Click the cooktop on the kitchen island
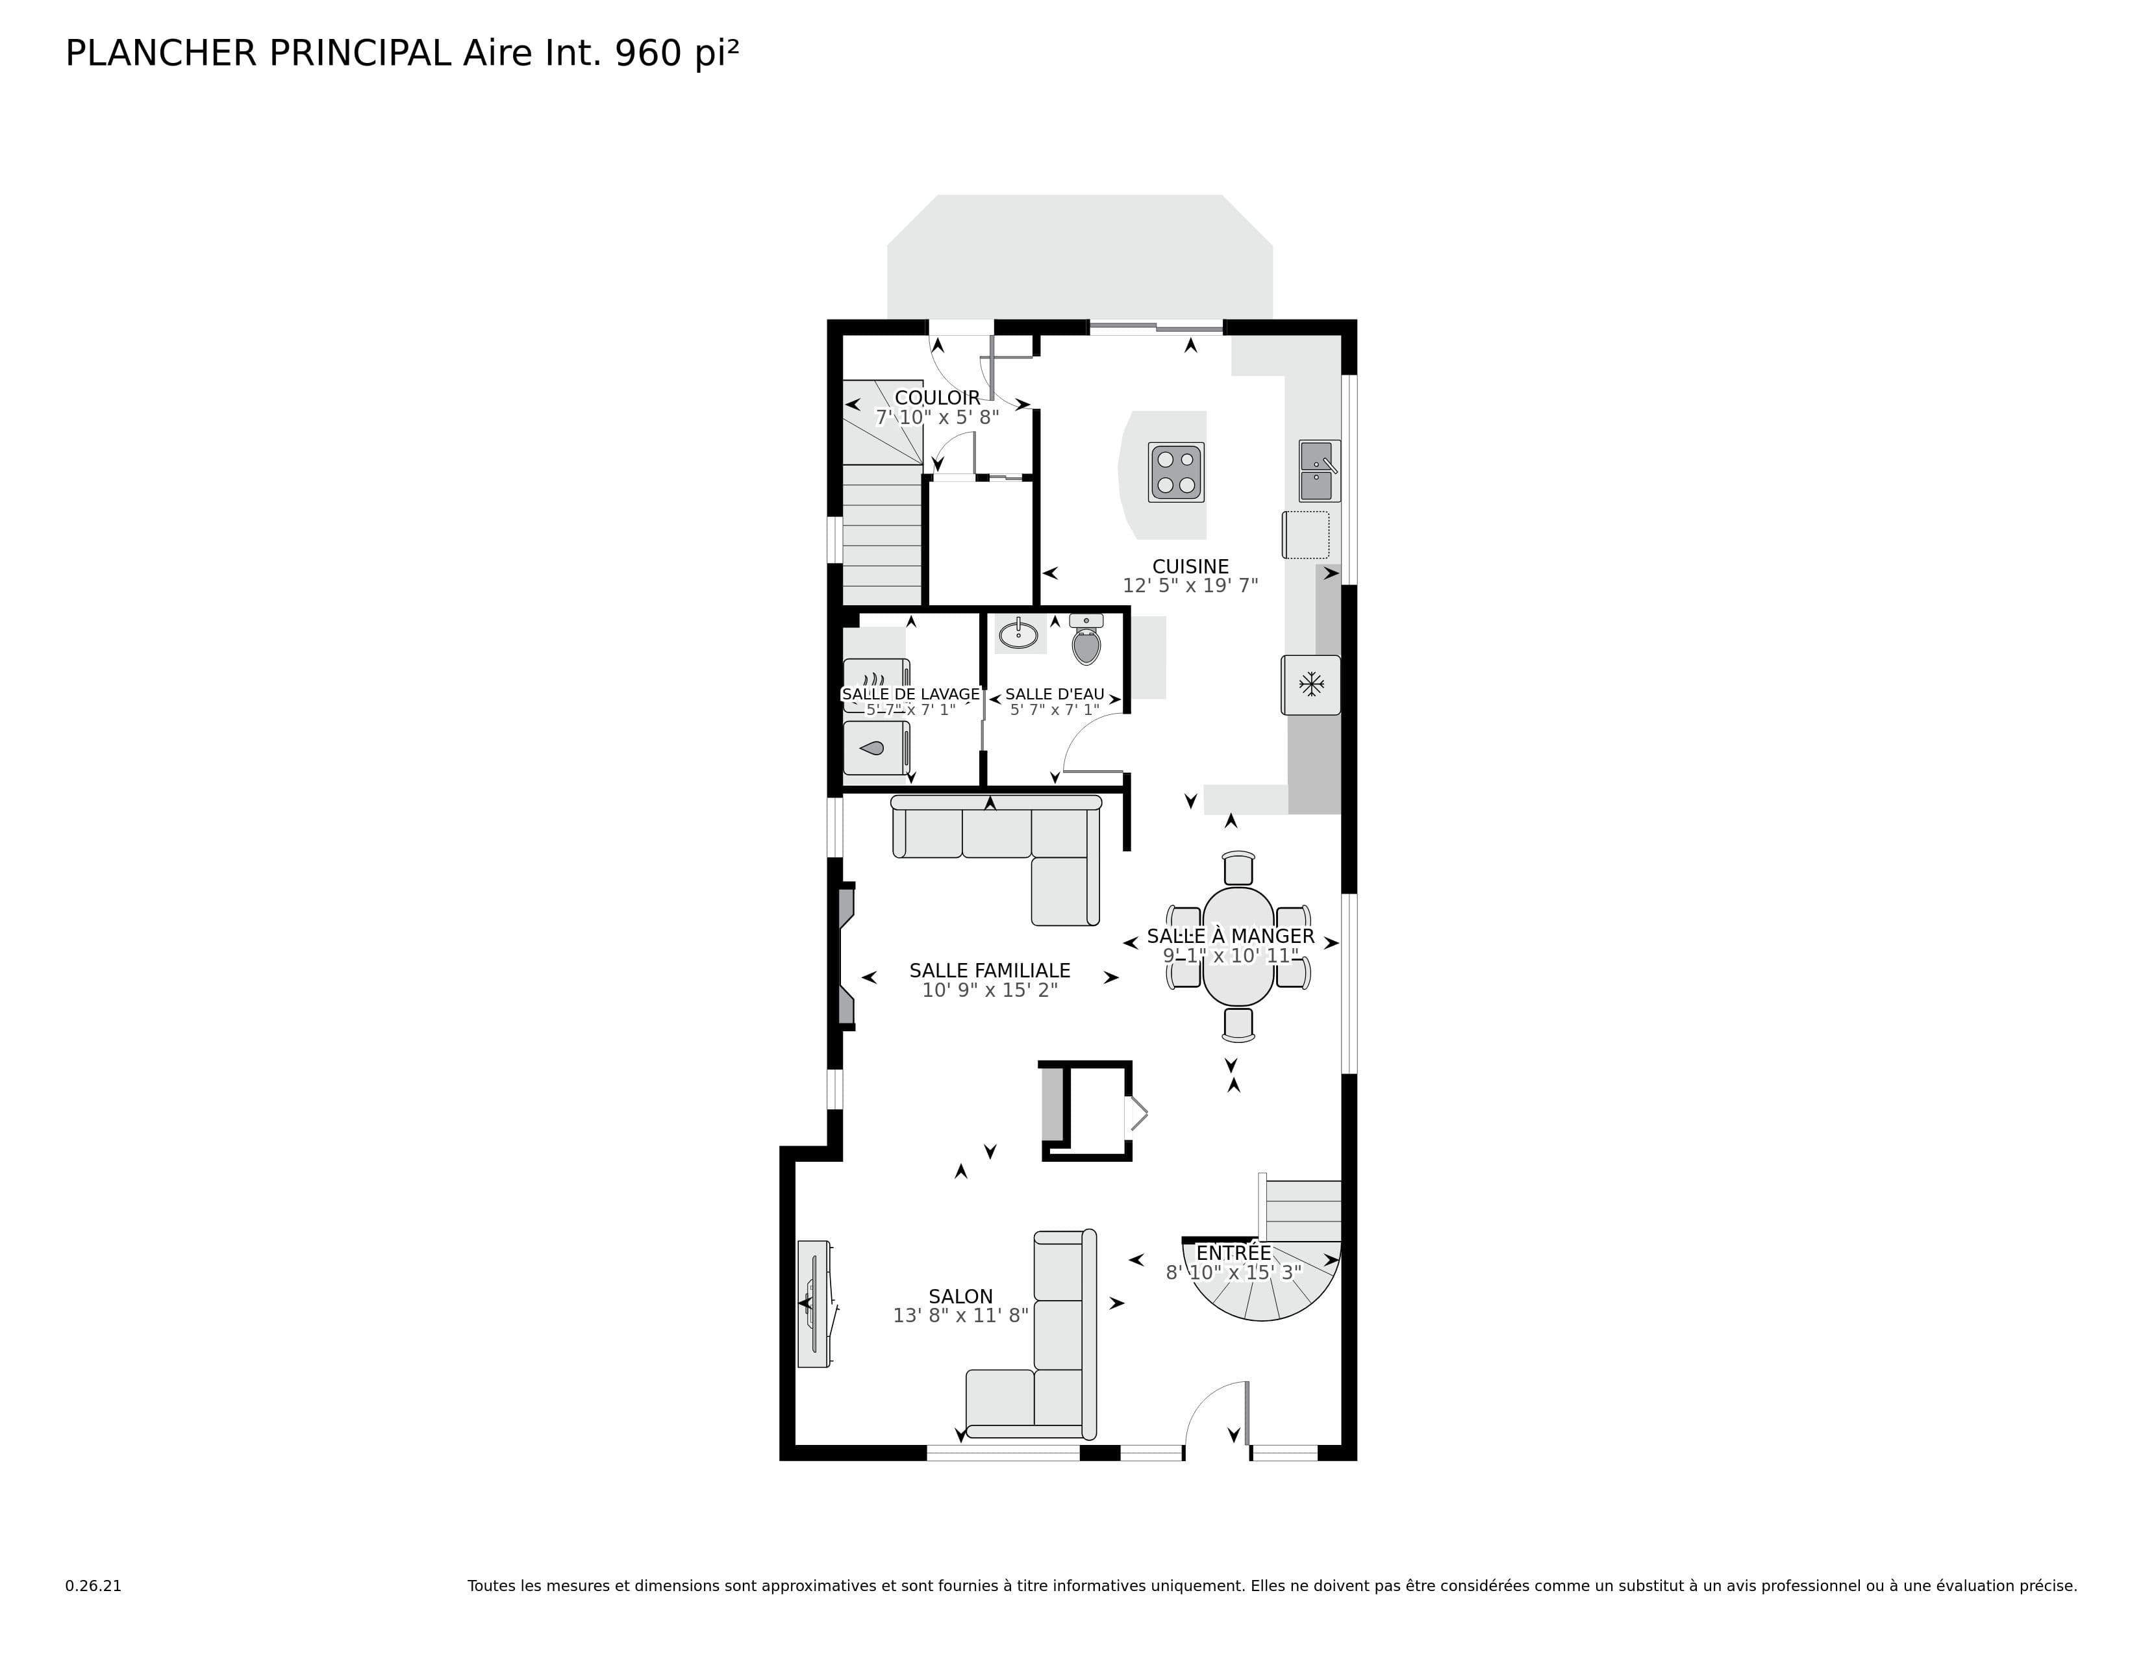pos(1175,472)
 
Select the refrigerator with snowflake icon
pos(1311,684)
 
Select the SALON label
pos(960,1296)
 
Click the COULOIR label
pos(937,397)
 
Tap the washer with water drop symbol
pos(876,749)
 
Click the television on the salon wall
pos(814,1303)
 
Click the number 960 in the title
pos(647,53)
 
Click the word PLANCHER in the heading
pos(161,53)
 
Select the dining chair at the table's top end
pos(1238,868)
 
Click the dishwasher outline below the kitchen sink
pos(1306,534)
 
